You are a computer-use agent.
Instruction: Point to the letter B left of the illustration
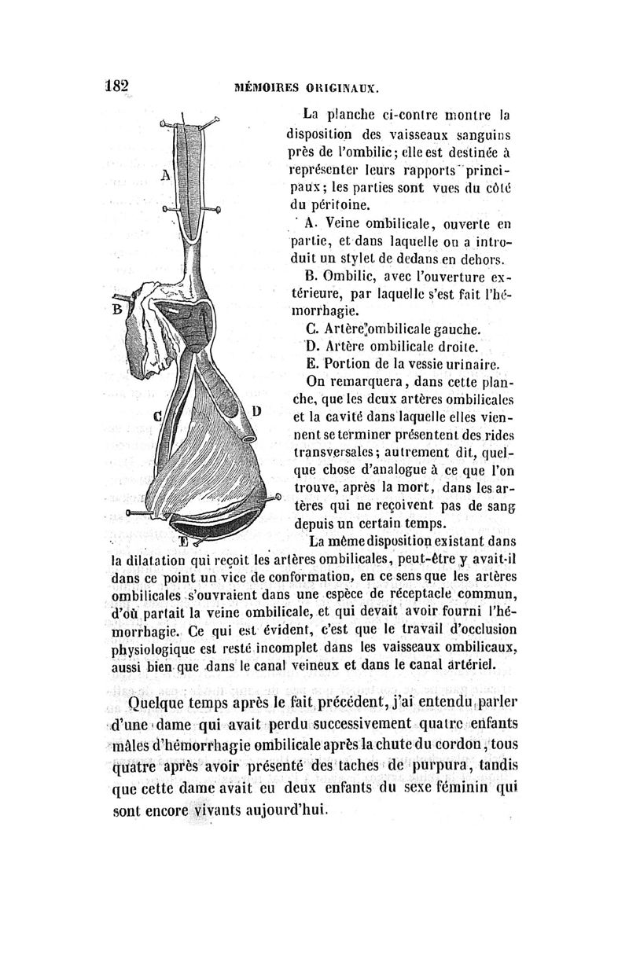point(117,309)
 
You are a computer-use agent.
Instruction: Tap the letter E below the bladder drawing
point(183,541)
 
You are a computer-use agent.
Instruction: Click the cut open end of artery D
point(248,432)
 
